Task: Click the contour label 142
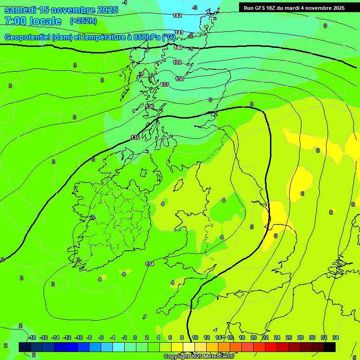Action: click(177, 15)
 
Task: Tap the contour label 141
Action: click(179, 32)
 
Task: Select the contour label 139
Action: click(177, 62)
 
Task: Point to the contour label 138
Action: click(180, 79)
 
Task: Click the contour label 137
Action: click(165, 84)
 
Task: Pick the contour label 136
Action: click(150, 107)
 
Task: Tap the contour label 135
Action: click(135, 137)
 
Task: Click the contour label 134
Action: click(150, 264)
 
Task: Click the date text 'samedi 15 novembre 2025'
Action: click(61, 10)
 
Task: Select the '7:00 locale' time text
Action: click(32, 22)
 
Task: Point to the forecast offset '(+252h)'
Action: click(83, 21)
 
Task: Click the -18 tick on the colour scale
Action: click(32, 338)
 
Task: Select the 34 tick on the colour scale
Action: click(336, 338)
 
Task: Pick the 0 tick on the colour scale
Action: click(135, 338)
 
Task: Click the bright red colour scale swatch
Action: click(271, 347)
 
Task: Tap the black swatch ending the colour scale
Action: click(330, 347)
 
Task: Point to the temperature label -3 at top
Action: click(195, 7)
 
